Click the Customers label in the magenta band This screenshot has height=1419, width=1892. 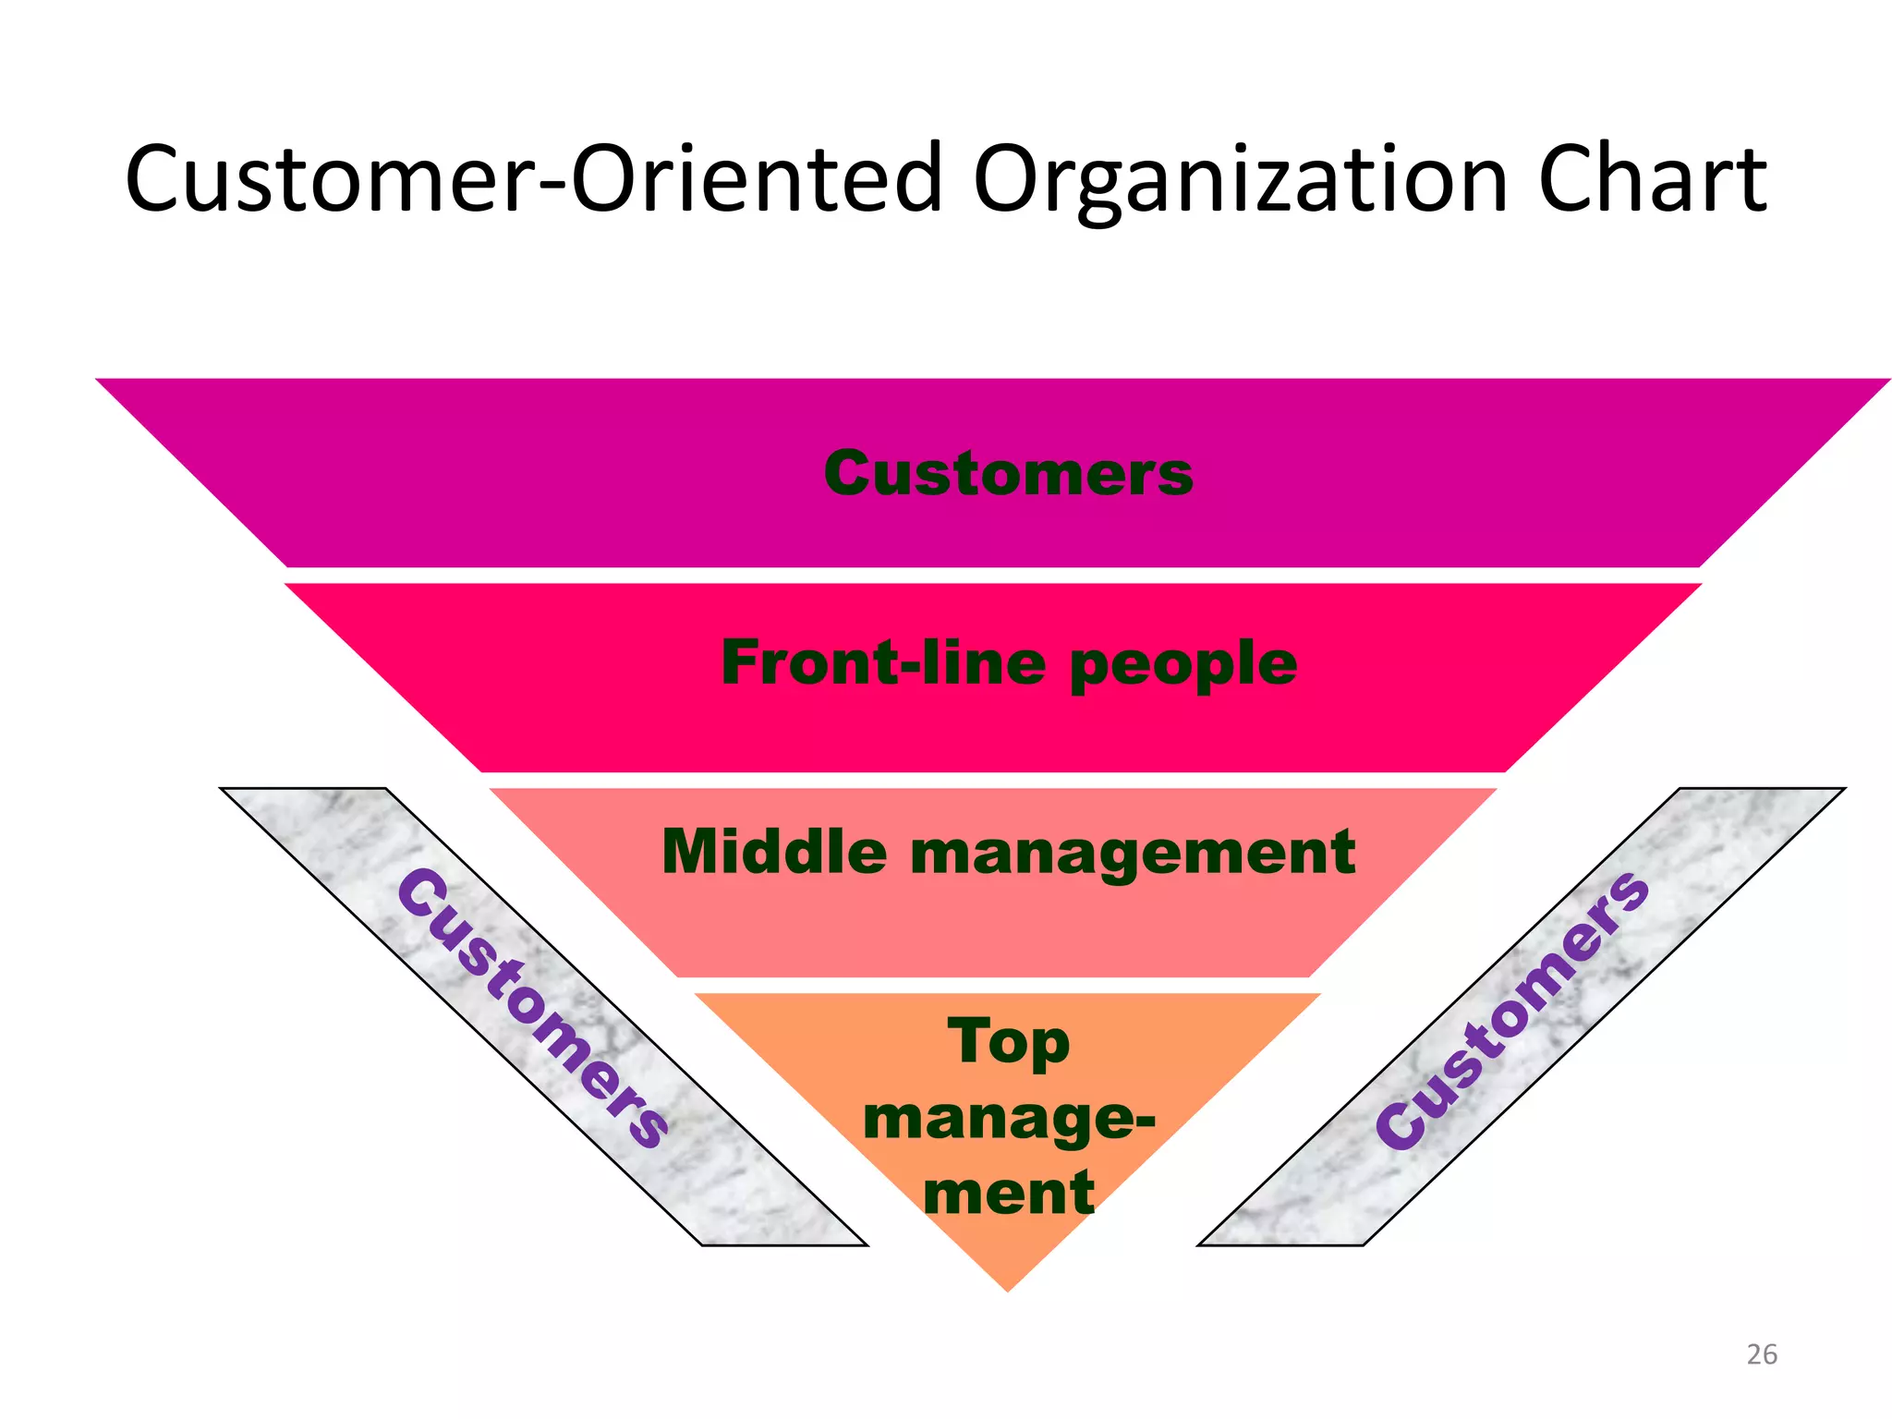(x=1008, y=474)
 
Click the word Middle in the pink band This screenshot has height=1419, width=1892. (x=774, y=851)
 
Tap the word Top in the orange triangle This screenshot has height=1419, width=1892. (x=1008, y=1043)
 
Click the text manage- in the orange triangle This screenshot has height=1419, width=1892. (x=1008, y=1120)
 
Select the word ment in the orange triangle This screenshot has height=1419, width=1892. (x=1008, y=1193)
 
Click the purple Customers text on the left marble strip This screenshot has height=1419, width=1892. (x=534, y=1009)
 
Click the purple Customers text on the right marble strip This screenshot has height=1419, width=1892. (x=1512, y=1011)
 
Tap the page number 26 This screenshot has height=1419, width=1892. (x=1761, y=1354)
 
